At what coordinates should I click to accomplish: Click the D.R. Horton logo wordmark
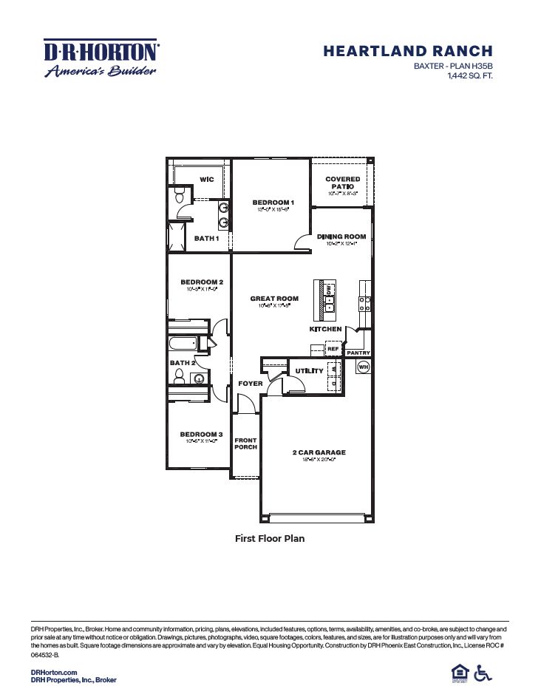click(x=101, y=51)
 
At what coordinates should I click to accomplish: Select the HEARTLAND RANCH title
click(x=407, y=51)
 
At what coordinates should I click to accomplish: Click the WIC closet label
click(x=208, y=179)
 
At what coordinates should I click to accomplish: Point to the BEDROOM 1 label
click(x=273, y=203)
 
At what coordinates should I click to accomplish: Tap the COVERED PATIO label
click(x=343, y=183)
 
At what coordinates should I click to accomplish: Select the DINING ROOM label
click(x=341, y=237)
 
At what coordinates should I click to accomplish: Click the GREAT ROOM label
click(x=274, y=299)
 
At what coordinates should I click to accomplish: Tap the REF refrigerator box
click(x=333, y=348)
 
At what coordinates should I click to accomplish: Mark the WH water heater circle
click(x=363, y=367)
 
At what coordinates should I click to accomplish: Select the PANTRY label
click(x=358, y=353)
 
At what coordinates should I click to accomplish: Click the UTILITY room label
click(x=309, y=370)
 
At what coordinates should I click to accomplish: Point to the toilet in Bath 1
click(x=178, y=197)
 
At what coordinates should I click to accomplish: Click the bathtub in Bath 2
click(x=183, y=344)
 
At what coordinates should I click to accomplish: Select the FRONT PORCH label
click(x=245, y=444)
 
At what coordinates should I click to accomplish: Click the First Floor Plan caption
click(x=270, y=539)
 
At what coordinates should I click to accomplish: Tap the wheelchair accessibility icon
click(x=483, y=673)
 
